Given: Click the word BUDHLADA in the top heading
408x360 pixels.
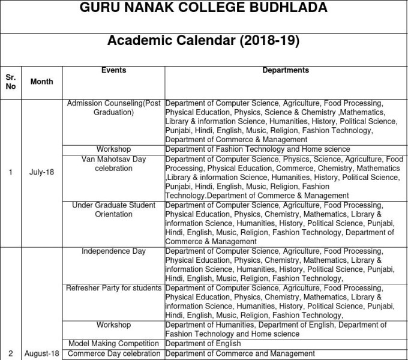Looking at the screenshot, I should (x=287, y=8).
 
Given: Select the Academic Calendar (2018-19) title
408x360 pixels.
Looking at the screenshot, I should (x=203, y=41).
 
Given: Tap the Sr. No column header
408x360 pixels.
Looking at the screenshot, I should (x=11, y=82).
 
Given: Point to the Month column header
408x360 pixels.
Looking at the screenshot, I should (x=41, y=82).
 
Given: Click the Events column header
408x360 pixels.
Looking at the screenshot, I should (x=113, y=70).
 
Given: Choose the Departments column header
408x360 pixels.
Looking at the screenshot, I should (x=286, y=70).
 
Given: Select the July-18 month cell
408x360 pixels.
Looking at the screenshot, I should (x=41, y=173).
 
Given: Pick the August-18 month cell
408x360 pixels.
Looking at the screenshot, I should (x=41, y=354).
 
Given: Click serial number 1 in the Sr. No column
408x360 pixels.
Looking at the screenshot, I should (x=11, y=173).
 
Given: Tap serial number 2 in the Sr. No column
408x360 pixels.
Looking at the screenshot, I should (x=11, y=354).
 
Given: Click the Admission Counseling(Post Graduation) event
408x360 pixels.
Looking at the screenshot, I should (x=113, y=108).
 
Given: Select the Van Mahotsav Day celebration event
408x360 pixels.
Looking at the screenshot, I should (x=113, y=164).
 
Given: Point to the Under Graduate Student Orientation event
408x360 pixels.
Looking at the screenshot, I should (x=113, y=209).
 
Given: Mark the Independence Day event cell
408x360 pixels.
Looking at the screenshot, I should (x=113, y=251).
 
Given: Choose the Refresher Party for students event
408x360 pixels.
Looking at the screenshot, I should (x=113, y=288).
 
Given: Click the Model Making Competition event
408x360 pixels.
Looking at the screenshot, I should (x=113, y=344).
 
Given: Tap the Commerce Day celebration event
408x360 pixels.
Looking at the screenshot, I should (x=113, y=353).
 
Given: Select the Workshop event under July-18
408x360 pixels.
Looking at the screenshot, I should (x=113, y=149).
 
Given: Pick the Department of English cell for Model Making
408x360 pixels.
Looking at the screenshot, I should (x=203, y=344).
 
